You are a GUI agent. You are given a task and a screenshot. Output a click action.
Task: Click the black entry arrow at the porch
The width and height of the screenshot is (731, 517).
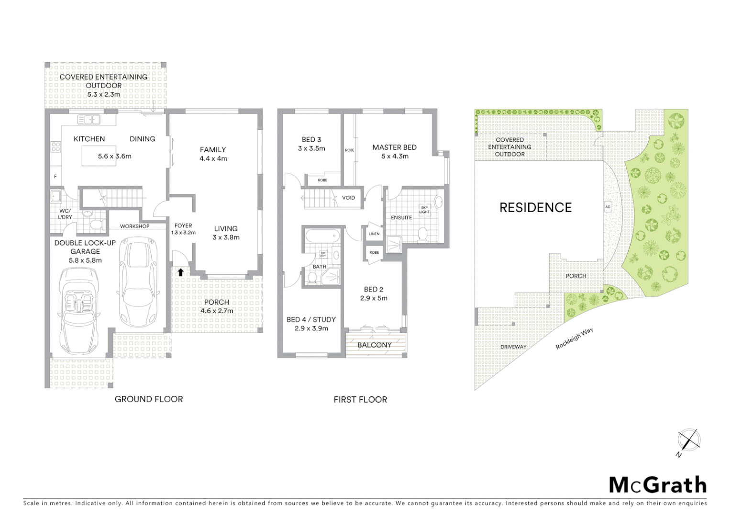pyautogui.click(x=180, y=272)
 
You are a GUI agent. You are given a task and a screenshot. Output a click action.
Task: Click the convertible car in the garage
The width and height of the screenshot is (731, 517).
pyautogui.click(x=79, y=303)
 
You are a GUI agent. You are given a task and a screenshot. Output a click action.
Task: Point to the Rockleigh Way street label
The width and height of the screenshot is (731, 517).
pyautogui.click(x=574, y=338)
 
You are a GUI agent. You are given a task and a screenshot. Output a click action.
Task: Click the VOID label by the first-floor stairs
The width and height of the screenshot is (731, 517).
pyautogui.click(x=349, y=198)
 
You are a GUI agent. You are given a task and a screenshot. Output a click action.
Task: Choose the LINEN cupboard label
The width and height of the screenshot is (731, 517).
pyautogui.click(x=374, y=234)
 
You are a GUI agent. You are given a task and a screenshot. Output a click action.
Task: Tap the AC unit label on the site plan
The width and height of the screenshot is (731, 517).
pyautogui.click(x=608, y=207)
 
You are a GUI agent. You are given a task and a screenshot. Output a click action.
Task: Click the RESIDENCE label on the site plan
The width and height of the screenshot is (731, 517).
pyautogui.click(x=535, y=207)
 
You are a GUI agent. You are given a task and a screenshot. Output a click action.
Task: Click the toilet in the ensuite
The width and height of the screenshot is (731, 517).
pyautogui.click(x=422, y=234)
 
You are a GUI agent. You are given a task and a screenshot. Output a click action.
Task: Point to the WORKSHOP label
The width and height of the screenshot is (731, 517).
pyautogui.click(x=134, y=226)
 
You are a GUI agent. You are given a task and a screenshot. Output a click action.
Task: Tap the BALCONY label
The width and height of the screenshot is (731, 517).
pyautogui.click(x=374, y=345)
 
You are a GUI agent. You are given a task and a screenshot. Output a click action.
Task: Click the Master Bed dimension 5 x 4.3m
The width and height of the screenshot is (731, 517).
pyautogui.click(x=394, y=156)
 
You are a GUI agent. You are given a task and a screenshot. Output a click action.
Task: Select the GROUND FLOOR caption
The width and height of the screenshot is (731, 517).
pyautogui.click(x=148, y=399)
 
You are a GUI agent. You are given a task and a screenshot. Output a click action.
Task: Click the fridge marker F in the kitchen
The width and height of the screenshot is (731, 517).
pyautogui.click(x=55, y=177)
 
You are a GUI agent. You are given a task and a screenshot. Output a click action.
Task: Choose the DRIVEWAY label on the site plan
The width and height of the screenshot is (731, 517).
pyautogui.click(x=513, y=347)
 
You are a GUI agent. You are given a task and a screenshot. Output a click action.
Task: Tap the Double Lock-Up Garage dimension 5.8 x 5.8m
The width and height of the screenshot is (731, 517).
pyautogui.click(x=85, y=260)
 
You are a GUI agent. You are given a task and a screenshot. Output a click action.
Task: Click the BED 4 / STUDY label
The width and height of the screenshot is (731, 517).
pyautogui.click(x=311, y=319)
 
